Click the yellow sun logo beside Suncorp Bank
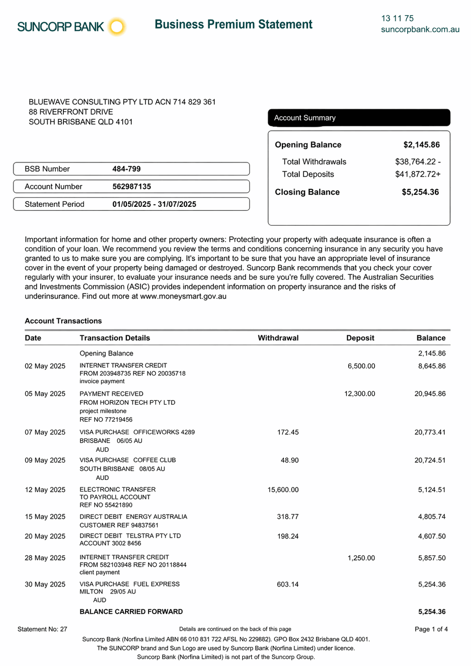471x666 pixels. pyautogui.click(x=117, y=27)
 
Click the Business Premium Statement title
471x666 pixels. pyautogui.click(x=233, y=24)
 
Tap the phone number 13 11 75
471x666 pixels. pyautogui.click(x=397, y=18)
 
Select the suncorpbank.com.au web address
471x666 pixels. pyautogui.click(x=420, y=29)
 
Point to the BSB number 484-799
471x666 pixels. pyautogui.click(x=126, y=169)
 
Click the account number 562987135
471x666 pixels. pyautogui.click(x=132, y=187)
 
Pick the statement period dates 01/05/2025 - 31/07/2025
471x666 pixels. pyautogui.click(x=154, y=204)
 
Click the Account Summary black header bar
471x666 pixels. pyautogui.click(x=359, y=118)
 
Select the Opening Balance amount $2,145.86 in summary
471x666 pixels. pyautogui.click(x=421, y=145)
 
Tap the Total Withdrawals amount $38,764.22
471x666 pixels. pyautogui.click(x=417, y=162)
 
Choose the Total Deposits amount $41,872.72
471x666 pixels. pyautogui.click(x=417, y=174)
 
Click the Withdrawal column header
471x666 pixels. pyautogui.click(x=278, y=338)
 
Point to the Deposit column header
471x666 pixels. pyautogui.click(x=360, y=338)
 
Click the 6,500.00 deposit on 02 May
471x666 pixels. pyautogui.click(x=361, y=366)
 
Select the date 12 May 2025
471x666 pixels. pyautogui.click(x=45, y=490)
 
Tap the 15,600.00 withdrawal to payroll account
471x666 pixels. pyautogui.click(x=283, y=490)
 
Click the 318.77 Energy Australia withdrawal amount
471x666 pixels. pyautogui.click(x=288, y=517)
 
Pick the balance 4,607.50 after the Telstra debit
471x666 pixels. pyautogui.click(x=432, y=536)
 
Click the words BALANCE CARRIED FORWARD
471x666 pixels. pyautogui.click(x=131, y=612)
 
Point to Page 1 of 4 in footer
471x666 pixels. pyautogui.click(x=431, y=629)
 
